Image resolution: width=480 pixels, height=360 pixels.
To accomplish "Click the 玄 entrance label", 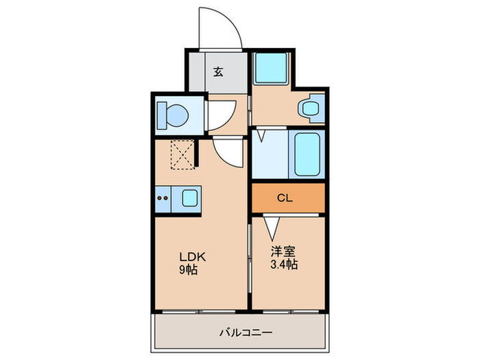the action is point(218,71).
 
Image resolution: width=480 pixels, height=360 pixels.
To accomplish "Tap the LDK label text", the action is point(192,257).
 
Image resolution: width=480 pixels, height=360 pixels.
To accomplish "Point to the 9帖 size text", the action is point(188,269).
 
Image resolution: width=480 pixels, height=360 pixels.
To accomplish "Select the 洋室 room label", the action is point(283,252).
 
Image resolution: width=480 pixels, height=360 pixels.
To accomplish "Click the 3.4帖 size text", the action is point(284,264).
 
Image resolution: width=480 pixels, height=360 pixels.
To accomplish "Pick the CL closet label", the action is point(285,198).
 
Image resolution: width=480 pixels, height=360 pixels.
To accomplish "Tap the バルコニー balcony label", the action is point(245,333).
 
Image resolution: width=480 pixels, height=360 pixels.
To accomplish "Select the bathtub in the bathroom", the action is point(307,154).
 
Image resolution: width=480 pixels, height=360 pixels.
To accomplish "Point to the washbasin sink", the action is point(310,108).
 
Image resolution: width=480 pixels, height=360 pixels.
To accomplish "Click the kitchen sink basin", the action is point(190,198).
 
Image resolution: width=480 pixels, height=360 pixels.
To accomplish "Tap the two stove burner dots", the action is point(163,198).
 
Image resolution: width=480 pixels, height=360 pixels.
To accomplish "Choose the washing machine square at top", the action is point(272,68).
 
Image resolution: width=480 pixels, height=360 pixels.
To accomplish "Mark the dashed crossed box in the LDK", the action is point(182,154).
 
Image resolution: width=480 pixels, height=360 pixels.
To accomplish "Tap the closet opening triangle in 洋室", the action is point(272,228).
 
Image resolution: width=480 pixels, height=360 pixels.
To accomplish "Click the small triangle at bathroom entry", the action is point(261,136).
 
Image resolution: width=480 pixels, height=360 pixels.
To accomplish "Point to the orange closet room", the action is point(288,198).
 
